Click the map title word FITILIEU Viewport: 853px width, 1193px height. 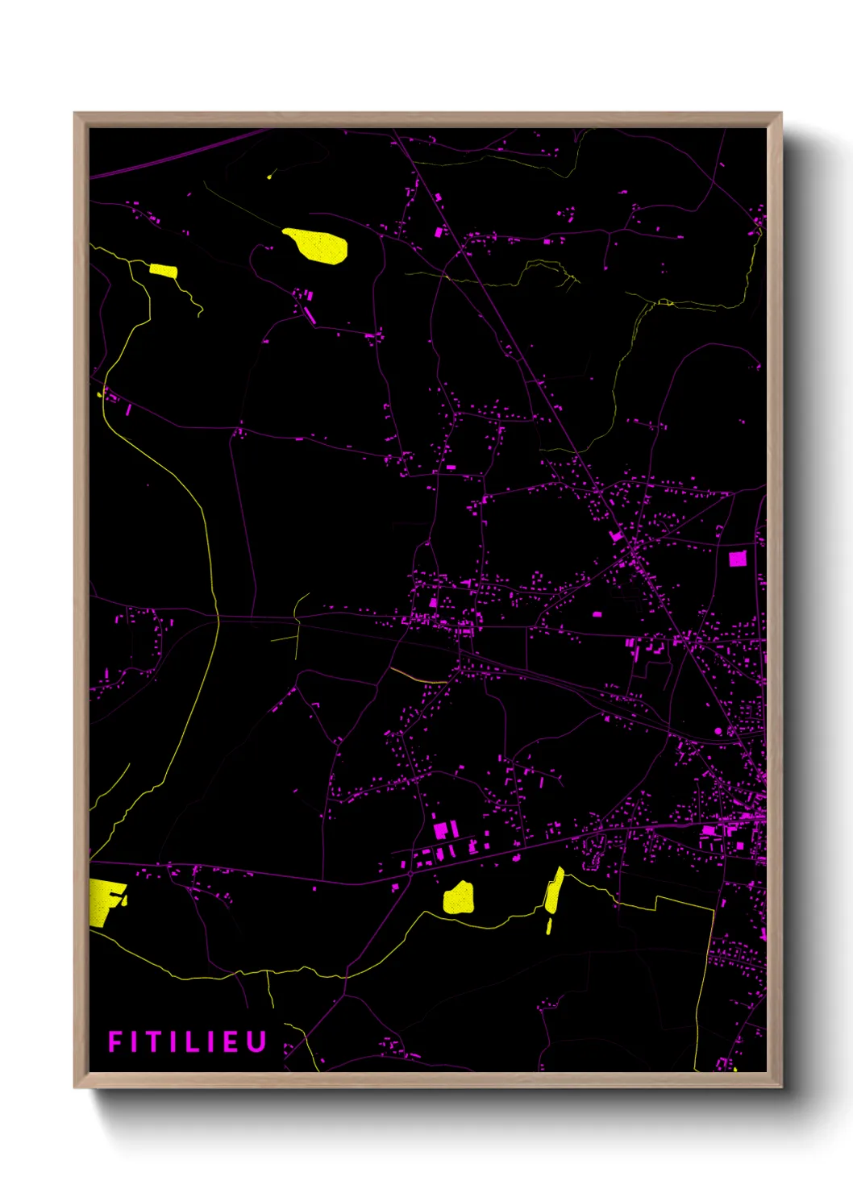coord(187,1041)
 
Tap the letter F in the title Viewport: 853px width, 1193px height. coord(114,1041)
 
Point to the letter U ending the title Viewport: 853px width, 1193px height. coord(257,1041)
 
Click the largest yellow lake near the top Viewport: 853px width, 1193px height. coord(317,246)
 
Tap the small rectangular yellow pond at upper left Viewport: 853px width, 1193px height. coord(164,271)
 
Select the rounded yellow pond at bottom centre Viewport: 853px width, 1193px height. coord(459,898)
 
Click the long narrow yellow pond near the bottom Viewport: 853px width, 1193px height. coord(555,890)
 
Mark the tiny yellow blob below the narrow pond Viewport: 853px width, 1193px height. coord(549,927)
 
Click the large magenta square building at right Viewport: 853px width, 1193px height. coord(738,559)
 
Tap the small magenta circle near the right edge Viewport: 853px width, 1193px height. coord(718,731)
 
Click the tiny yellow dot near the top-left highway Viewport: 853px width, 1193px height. coord(269,176)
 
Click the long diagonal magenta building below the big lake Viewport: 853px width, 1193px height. coord(309,314)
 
